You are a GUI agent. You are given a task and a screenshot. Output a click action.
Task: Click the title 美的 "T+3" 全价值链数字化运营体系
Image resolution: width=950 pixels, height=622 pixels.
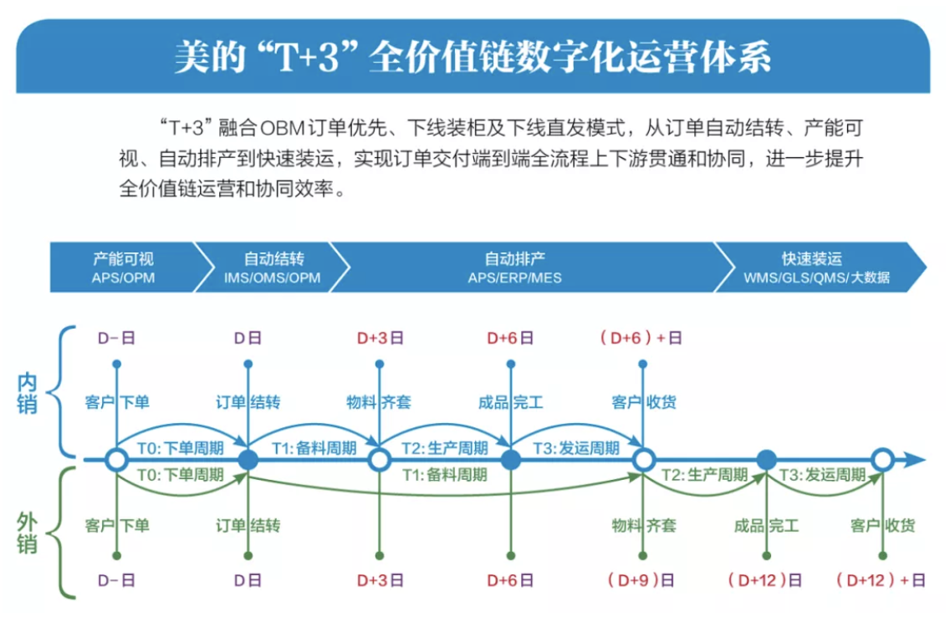coord(472,58)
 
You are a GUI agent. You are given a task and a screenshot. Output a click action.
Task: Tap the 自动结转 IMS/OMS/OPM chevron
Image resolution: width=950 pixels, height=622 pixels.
coord(273,268)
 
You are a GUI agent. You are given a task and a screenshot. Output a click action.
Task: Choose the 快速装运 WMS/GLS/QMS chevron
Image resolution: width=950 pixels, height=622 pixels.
coord(818,268)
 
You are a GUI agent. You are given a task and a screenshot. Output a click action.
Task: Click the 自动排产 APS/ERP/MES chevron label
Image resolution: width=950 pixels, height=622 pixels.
coord(515,268)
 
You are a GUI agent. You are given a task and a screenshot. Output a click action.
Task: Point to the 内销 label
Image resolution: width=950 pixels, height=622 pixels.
coord(28,394)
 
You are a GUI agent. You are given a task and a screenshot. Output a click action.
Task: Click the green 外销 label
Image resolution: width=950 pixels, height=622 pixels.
coord(28,533)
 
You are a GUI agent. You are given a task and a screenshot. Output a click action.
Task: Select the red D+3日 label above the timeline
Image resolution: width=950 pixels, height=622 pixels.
coord(380,338)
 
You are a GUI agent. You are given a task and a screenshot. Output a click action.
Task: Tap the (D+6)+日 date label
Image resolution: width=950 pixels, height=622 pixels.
coord(641,338)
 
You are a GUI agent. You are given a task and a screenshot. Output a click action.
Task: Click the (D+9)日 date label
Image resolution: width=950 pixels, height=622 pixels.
coord(641,580)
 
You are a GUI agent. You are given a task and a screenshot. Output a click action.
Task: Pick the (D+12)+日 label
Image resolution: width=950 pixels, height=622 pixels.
coord(881,580)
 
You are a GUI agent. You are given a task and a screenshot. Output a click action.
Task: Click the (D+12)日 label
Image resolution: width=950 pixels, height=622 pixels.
coord(765,580)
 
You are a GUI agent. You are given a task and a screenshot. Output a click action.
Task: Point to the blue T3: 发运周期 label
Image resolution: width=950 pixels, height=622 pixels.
coord(576,448)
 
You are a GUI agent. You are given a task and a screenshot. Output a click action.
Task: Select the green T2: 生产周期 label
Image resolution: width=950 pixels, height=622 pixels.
coord(704,475)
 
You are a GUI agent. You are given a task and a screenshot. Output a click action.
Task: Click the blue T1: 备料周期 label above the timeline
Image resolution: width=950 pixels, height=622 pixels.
coord(314,448)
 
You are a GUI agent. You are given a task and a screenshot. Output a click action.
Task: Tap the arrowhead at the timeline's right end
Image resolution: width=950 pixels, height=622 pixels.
coord(915,461)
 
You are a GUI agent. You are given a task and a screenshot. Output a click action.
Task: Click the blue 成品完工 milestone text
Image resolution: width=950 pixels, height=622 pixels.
coord(511,402)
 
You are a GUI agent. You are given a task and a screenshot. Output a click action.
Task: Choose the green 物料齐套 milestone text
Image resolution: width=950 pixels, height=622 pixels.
coord(643,526)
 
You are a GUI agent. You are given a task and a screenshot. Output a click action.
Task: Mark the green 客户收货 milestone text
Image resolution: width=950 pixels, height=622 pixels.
coord(883,526)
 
